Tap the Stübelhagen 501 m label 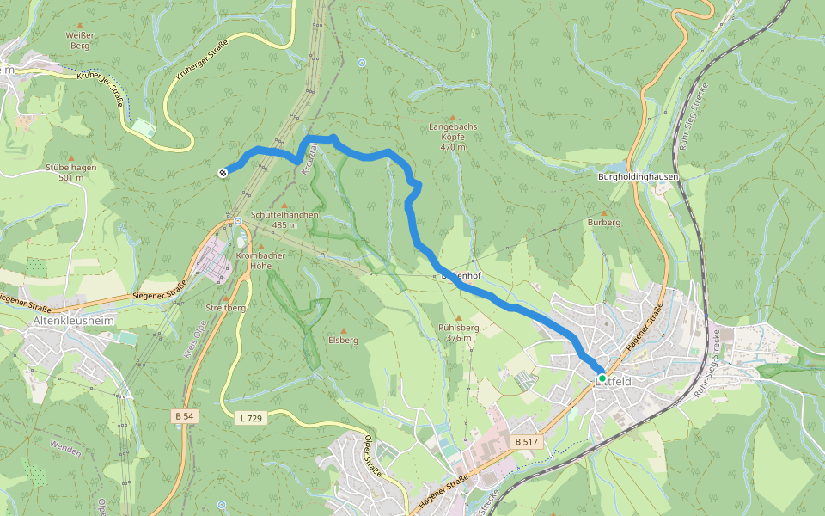[64, 172]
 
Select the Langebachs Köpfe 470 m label [453, 136]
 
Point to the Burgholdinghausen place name [639, 177]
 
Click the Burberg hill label [603, 222]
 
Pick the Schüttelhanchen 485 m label [284, 219]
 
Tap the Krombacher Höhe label [260, 261]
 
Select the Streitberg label [226, 307]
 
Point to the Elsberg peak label [343, 340]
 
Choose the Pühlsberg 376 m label [458, 332]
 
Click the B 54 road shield [184, 416]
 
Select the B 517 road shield [526, 442]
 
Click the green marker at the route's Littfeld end [602, 378]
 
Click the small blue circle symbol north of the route [362, 63]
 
